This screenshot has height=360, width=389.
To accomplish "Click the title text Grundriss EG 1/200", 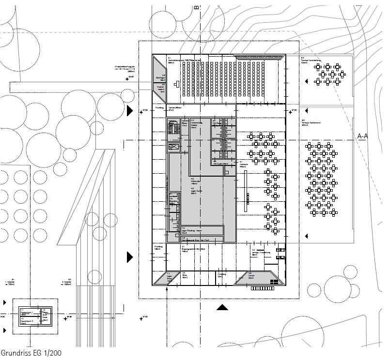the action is pos(31,353).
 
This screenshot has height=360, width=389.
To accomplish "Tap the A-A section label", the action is pos(362,136).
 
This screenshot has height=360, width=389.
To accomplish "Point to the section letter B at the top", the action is pos(196,7).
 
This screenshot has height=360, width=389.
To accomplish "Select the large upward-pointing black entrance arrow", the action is pos(222,307).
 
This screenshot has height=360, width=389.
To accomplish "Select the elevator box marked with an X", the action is pos(173,147).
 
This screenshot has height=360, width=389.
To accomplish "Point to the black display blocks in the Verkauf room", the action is pos(274,282).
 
